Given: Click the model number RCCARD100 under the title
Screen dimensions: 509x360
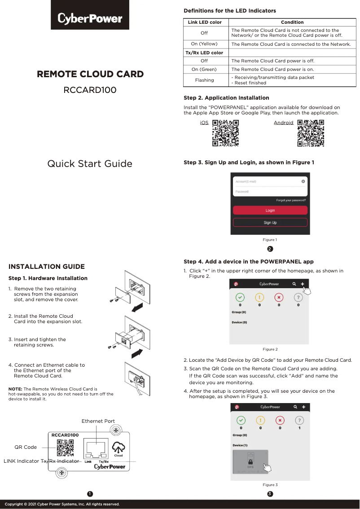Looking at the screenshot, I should (x=90, y=90).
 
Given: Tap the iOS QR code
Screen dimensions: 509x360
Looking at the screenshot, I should (x=225, y=133).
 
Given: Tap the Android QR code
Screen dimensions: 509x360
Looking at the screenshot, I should (x=311, y=133).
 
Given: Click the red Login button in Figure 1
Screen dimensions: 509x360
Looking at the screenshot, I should (x=270, y=210).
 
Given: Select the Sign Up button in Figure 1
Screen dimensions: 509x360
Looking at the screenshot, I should (x=270, y=222).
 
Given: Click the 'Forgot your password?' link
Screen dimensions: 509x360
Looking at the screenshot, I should (x=291, y=200).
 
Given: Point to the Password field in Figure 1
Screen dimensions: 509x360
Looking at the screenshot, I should (x=269, y=192).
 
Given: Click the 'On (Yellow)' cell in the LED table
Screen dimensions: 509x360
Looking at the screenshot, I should (x=204, y=44).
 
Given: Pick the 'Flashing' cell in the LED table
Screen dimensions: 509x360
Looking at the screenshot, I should (x=204, y=80).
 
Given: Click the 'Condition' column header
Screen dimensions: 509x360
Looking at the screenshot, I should (x=292, y=22).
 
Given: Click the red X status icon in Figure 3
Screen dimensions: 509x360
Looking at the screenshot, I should (x=280, y=420).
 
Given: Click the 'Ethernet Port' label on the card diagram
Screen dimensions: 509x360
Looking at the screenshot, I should (x=98, y=421).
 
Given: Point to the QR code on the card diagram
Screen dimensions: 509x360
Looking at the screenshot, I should (x=65, y=448).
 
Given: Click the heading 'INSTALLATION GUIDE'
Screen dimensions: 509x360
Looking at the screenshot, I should (x=47, y=267).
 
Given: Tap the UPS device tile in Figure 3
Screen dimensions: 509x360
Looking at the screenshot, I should (x=250, y=462).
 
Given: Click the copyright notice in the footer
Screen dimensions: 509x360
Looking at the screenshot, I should (x=62, y=504).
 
